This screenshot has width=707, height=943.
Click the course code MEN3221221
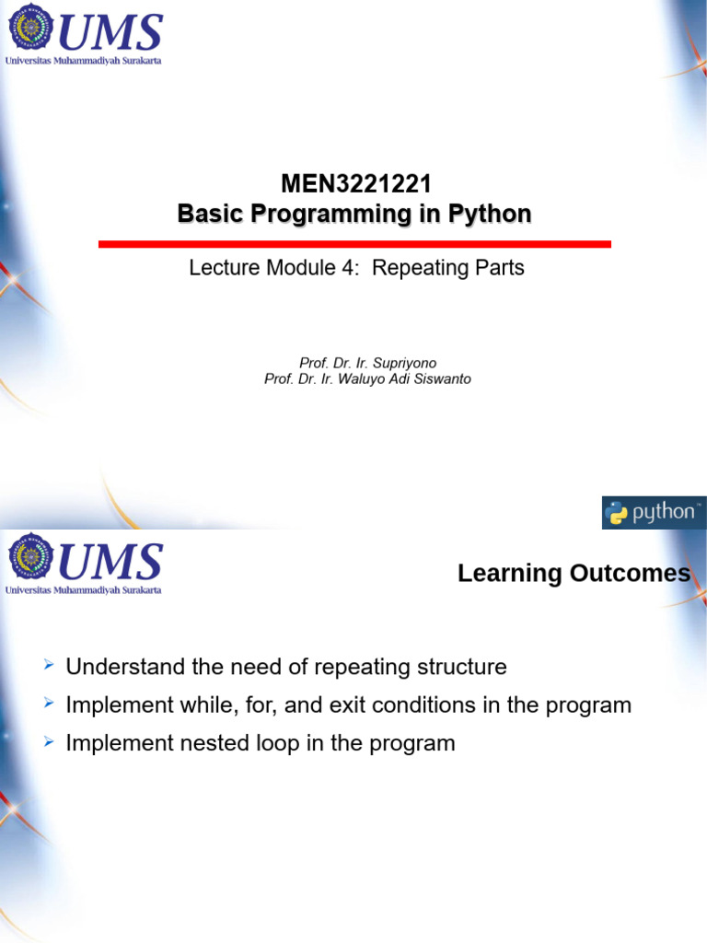click(x=355, y=184)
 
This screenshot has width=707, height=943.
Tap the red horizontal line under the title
click(x=354, y=244)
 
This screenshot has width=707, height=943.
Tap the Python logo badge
click(x=653, y=513)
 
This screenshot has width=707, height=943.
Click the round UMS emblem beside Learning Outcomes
click(x=31, y=559)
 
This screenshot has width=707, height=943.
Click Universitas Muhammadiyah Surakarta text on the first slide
click(x=84, y=61)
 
